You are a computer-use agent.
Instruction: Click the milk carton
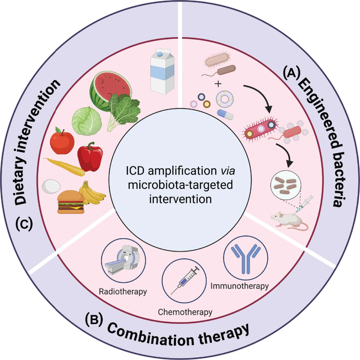(162, 71)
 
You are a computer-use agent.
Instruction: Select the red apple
(62, 141)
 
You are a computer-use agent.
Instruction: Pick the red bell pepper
(90, 157)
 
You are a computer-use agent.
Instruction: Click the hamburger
(71, 202)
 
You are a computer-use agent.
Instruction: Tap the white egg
(51, 186)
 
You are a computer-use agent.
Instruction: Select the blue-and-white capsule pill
(225, 114)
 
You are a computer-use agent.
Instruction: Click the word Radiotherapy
(123, 292)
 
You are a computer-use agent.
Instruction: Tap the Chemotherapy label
(185, 312)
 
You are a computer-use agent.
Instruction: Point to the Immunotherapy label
(239, 286)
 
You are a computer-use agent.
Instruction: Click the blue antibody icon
(246, 258)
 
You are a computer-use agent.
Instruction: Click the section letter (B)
(94, 320)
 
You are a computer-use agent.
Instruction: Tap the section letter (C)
(24, 225)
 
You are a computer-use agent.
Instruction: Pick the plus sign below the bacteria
(218, 84)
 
